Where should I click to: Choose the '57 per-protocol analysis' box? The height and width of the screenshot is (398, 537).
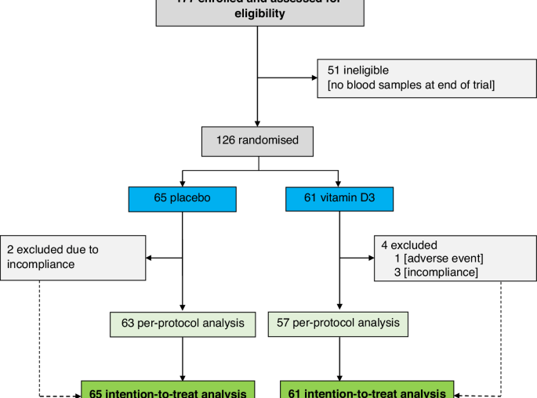tap(338, 323)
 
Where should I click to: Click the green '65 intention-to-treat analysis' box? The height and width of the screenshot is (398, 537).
tap(169, 392)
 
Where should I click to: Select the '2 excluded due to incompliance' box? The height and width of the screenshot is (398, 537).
tap(73, 256)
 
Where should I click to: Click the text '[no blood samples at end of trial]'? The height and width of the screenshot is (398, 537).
tap(406, 85)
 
